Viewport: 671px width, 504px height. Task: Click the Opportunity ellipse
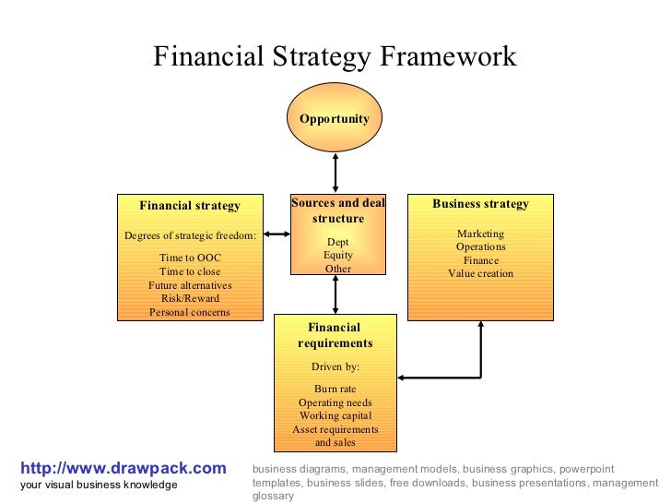pyautogui.click(x=335, y=118)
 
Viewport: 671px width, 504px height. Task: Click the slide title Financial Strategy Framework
pyautogui.click(x=335, y=57)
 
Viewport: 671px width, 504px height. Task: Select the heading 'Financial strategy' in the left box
pyautogui.click(x=190, y=206)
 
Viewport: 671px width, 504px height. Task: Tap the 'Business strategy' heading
pyautogui.click(x=480, y=204)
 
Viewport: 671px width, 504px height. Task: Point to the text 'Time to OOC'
pyautogui.click(x=190, y=258)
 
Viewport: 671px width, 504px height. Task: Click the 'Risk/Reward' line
pyautogui.click(x=190, y=298)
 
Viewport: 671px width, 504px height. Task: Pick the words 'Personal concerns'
pyautogui.click(x=190, y=312)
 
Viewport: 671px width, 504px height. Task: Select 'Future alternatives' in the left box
pyautogui.click(x=190, y=285)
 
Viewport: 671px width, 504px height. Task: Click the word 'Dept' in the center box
pyautogui.click(x=337, y=242)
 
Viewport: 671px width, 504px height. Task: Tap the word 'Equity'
pyautogui.click(x=337, y=256)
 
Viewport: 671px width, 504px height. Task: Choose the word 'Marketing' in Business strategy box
pyautogui.click(x=480, y=234)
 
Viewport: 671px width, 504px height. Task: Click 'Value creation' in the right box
pyautogui.click(x=480, y=273)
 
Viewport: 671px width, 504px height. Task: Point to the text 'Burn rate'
pyautogui.click(x=335, y=389)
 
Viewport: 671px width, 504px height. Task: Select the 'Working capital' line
pyautogui.click(x=335, y=415)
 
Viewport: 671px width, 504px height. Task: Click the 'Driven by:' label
pyautogui.click(x=335, y=366)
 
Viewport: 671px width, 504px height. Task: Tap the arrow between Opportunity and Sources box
pyautogui.click(x=335, y=174)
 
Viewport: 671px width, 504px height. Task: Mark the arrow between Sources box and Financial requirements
pyautogui.click(x=335, y=294)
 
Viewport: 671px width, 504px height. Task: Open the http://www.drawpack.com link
pyautogui.click(x=123, y=469)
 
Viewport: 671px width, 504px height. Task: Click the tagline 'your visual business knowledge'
pyautogui.click(x=99, y=486)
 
